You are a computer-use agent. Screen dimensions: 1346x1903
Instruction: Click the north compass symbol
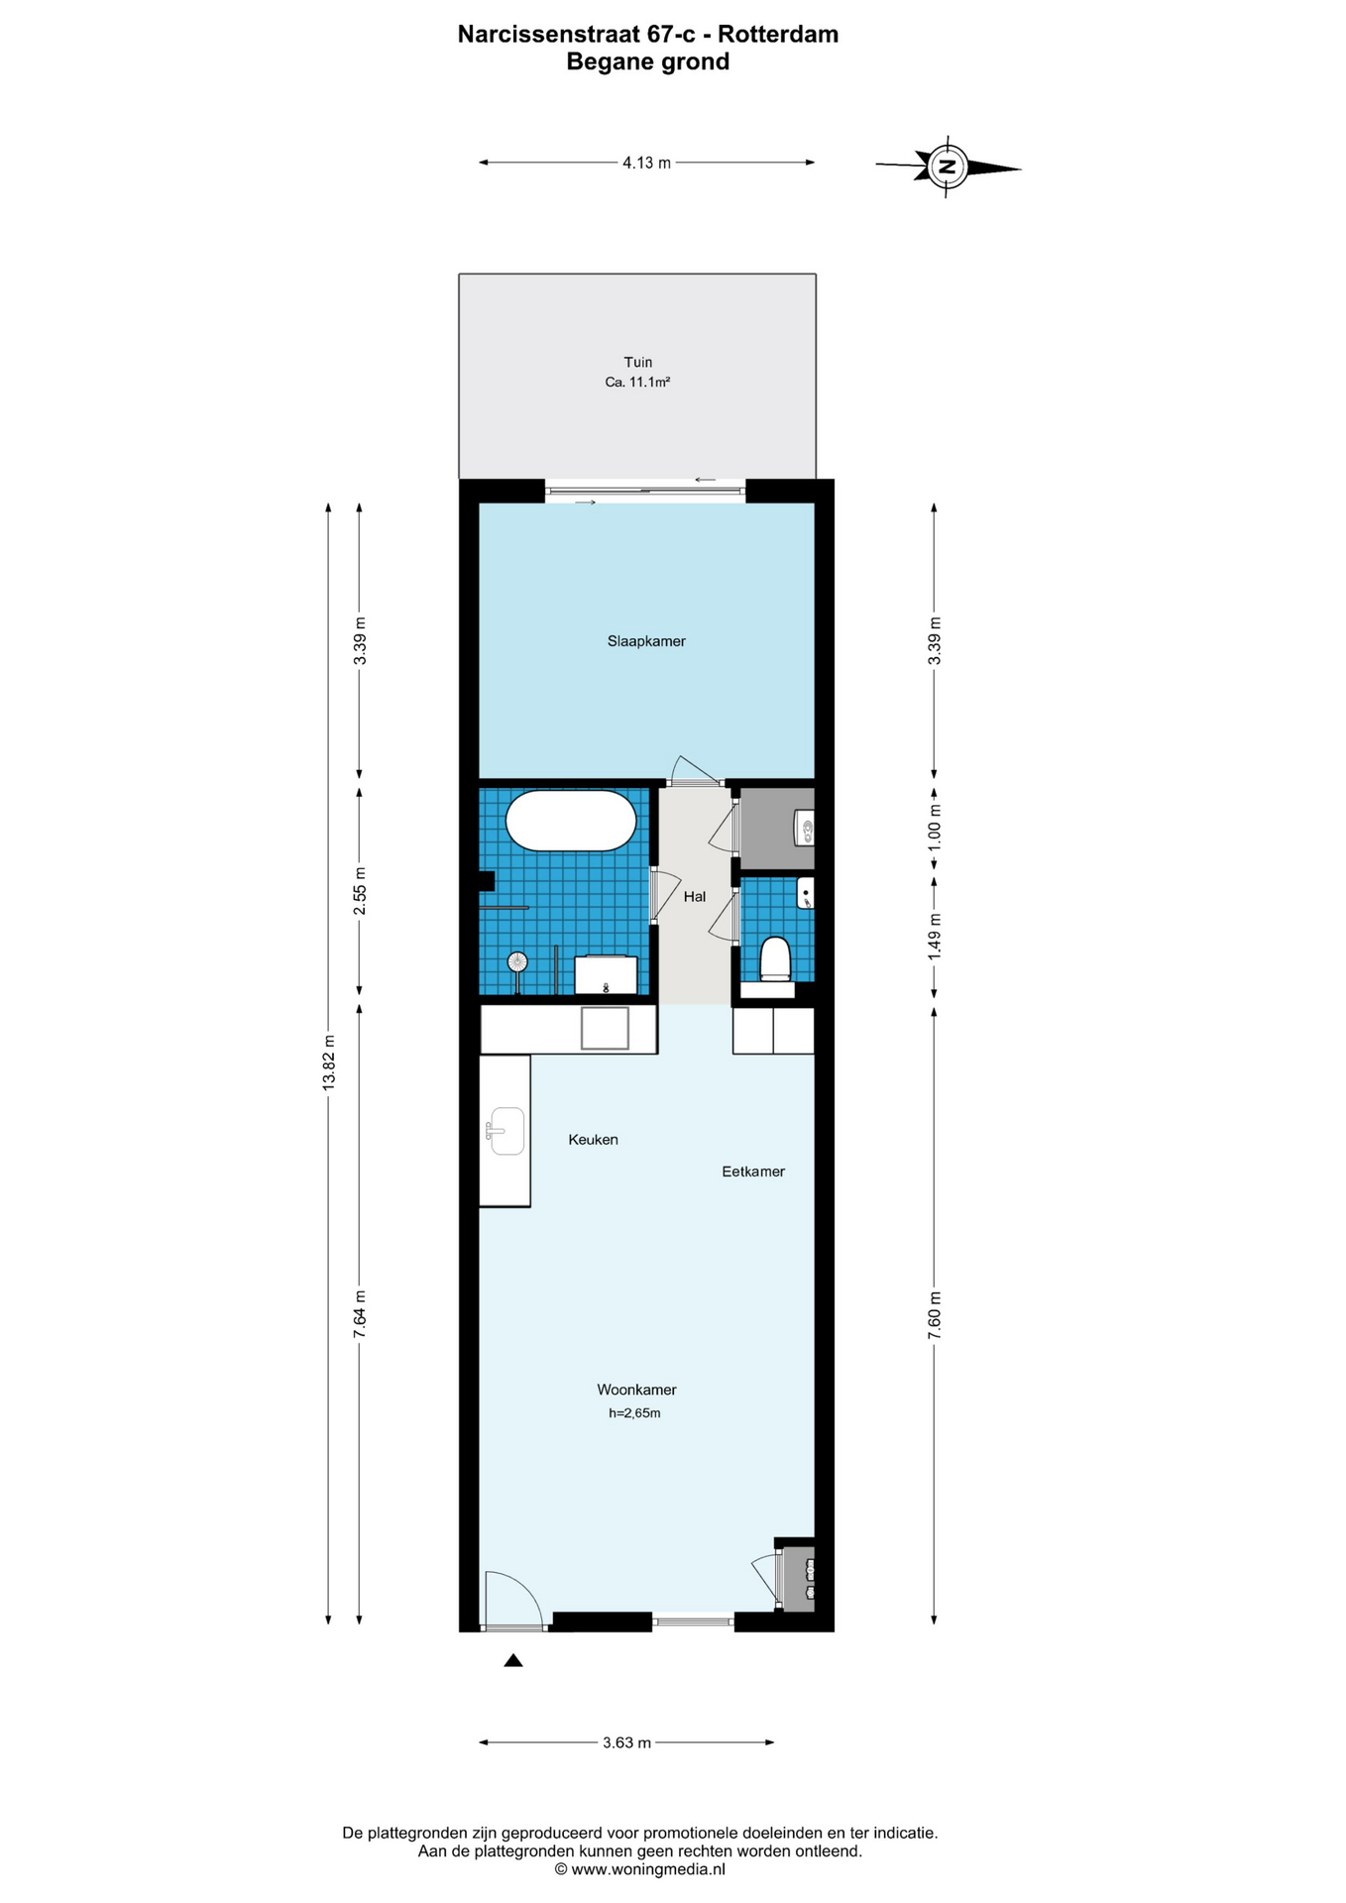(x=948, y=167)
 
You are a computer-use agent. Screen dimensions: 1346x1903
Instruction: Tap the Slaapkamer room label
(x=646, y=641)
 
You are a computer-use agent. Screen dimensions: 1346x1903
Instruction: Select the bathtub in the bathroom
(x=571, y=820)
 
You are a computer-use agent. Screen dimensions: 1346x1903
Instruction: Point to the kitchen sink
(x=505, y=1131)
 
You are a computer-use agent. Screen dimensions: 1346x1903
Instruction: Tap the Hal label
(x=695, y=896)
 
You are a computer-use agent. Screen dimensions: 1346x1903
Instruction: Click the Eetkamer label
(x=753, y=1172)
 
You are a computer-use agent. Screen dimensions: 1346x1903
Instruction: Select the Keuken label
(x=593, y=1140)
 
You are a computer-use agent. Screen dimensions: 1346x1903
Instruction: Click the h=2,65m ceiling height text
(x=634, y=1413)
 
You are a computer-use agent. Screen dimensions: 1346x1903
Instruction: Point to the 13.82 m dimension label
(x=329, y=1063)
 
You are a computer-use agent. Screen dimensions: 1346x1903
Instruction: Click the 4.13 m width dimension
(x=646, y=163)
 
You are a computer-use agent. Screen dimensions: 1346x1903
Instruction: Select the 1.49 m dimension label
(x=934, y=936)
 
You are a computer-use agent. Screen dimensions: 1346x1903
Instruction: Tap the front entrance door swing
(x=512, y=1599)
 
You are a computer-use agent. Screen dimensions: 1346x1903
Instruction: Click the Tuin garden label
(x=637, y=362)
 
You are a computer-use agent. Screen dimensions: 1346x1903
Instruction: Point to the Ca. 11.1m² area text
(x=637, y=382)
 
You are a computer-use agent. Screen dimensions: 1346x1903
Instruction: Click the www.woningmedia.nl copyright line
(x=639, y=1869)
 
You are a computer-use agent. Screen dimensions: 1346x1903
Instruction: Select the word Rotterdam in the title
(x=778, y=34)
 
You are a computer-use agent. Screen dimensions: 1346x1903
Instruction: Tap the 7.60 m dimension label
(x=934, y=1315)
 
